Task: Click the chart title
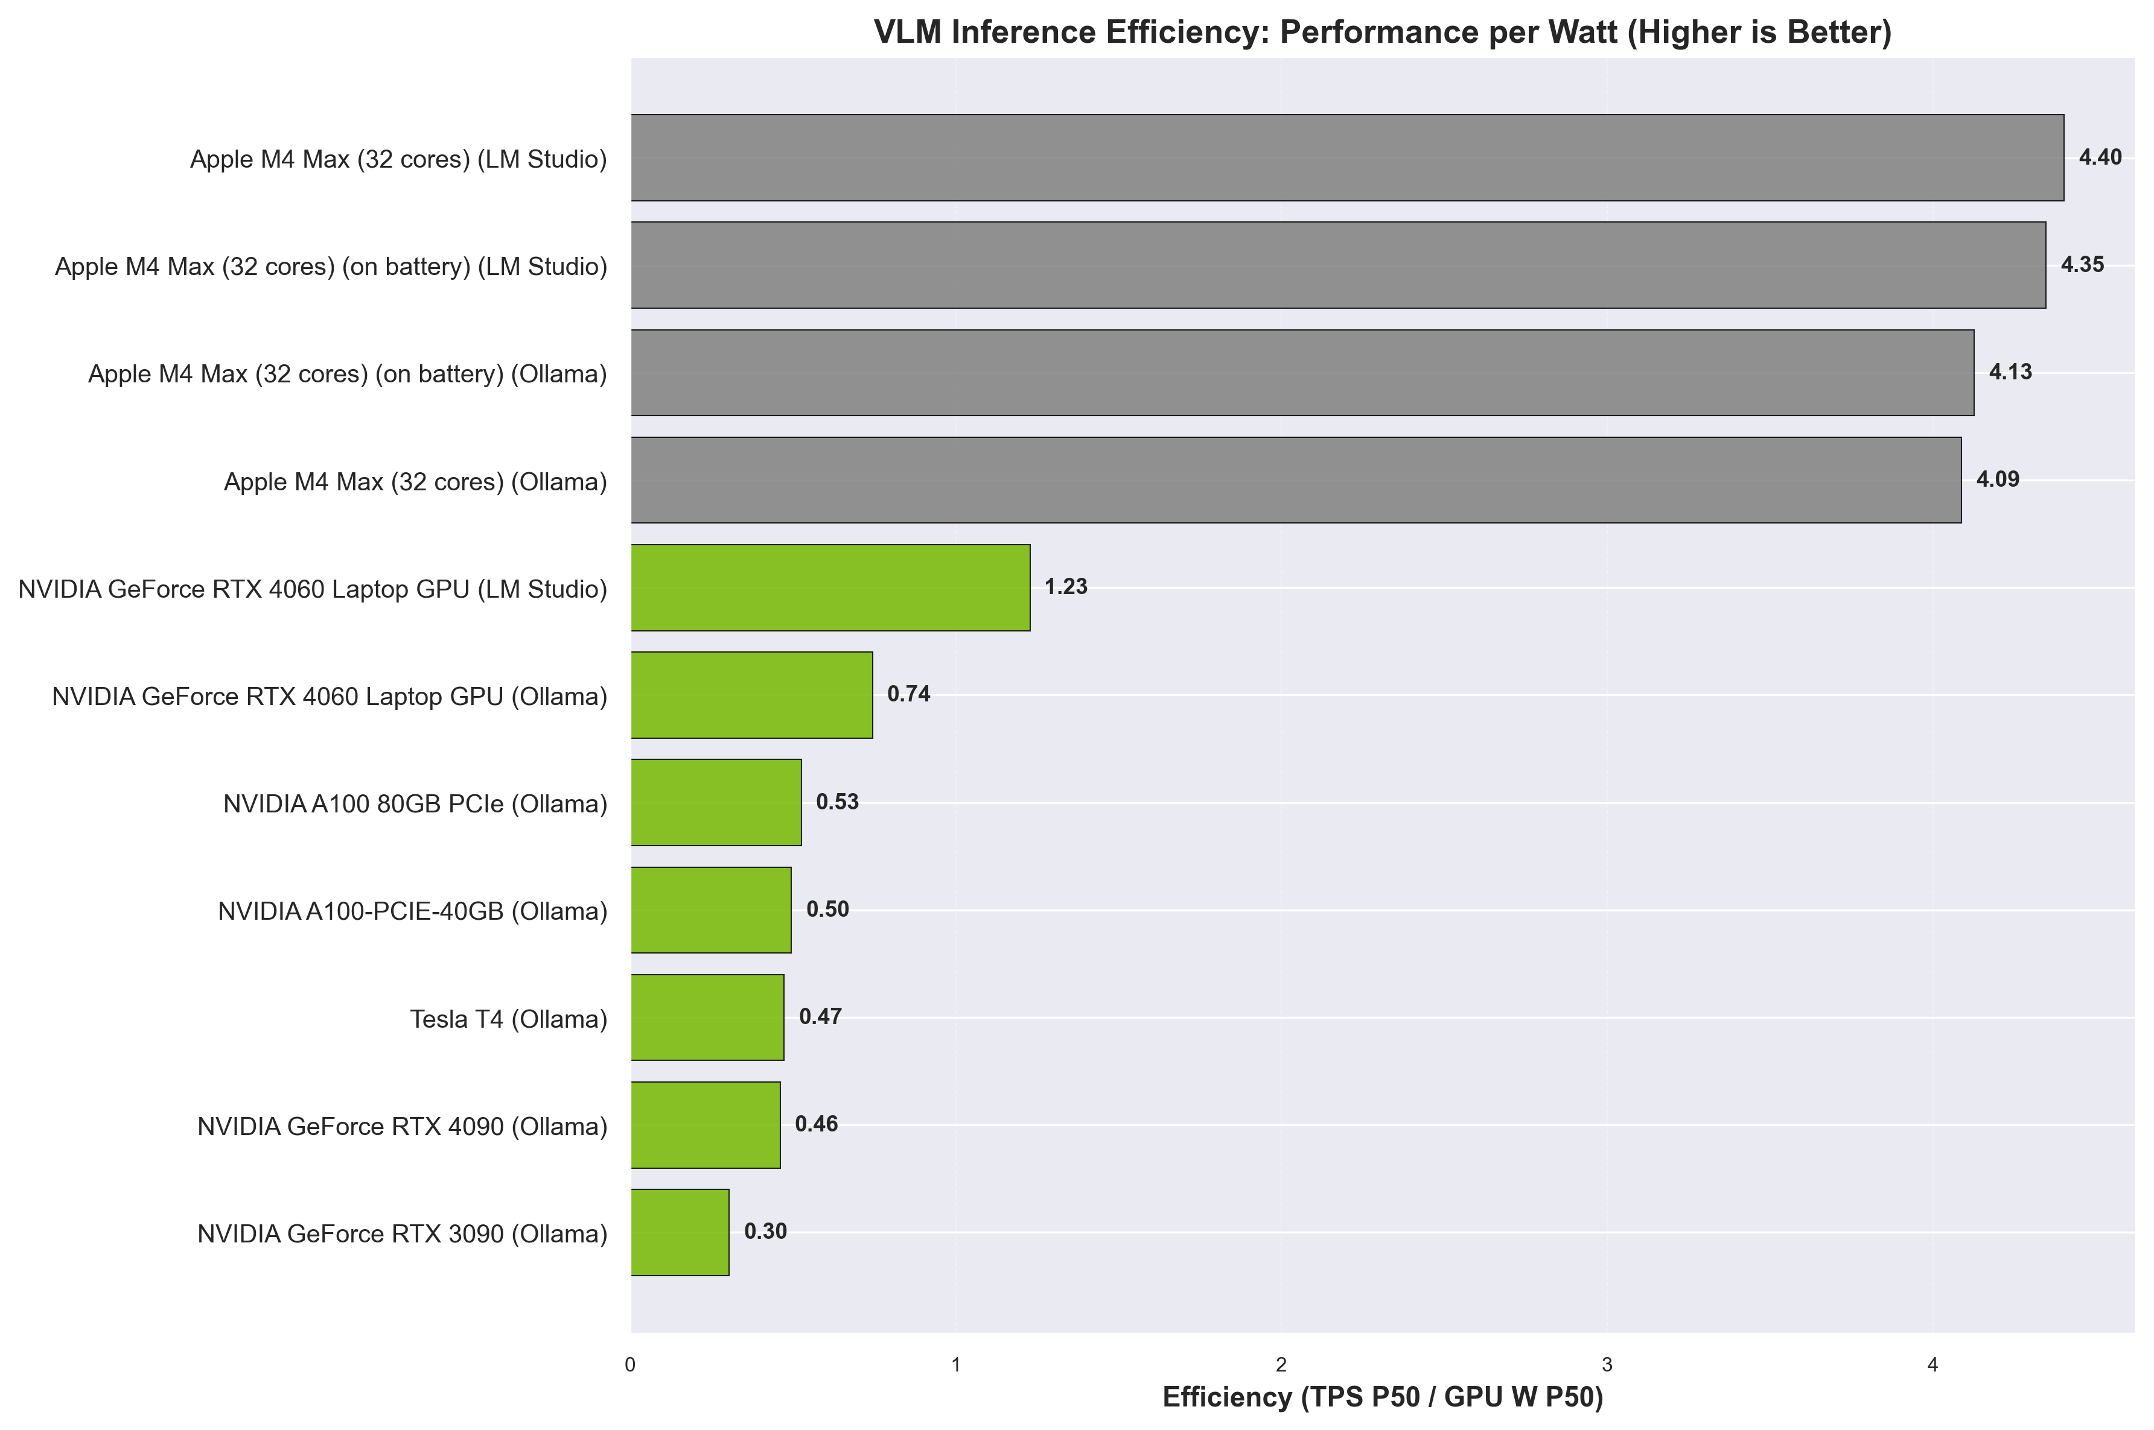[1382, 32]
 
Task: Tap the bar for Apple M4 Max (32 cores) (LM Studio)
[1346, 158]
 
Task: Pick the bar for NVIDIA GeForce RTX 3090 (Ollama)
[680, 1232]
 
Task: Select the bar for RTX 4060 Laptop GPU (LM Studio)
[830, 587]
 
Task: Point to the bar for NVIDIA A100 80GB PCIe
[716, 803]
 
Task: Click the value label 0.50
[827, 910]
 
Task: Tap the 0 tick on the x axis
[631, 1365]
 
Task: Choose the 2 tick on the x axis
[1281, 1365]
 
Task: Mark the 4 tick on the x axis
[1933, 1365]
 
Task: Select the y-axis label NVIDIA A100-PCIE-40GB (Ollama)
[412, 912]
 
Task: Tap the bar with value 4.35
[1337, 265]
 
